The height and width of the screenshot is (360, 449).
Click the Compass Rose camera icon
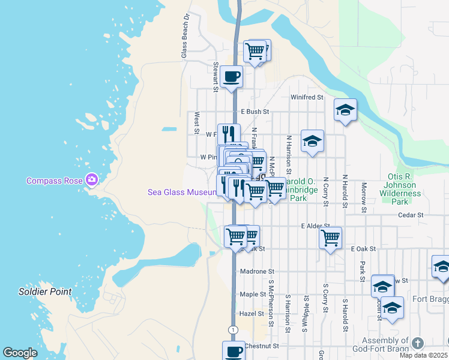coord(92,179)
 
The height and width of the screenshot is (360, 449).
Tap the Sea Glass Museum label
coord(182,192)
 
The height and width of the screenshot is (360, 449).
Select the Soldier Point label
coord(45,292)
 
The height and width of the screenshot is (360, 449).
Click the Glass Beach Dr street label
coord(185,36)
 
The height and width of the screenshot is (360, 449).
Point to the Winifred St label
coord(307,97)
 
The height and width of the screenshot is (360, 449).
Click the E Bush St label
coord(255,112)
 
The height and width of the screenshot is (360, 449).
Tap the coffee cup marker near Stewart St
coord(231,77)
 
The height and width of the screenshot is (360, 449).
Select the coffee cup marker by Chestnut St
coord(234,351)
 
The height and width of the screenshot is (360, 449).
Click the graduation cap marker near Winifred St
coord(345,110)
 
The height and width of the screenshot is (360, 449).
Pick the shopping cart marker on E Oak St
coord(330,238)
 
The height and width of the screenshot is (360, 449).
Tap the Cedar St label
coord(411,215)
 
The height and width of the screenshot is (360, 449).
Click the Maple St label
coord(252,294)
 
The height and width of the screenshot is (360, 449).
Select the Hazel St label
coord(251,313)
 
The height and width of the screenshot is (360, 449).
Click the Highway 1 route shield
coord(232,329)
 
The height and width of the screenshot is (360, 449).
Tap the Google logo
coord(20,353)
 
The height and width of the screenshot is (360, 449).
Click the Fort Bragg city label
coord(430,299)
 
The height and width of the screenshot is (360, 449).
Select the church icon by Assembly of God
coord(418,343)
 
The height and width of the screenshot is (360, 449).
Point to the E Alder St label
coord(312,226)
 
